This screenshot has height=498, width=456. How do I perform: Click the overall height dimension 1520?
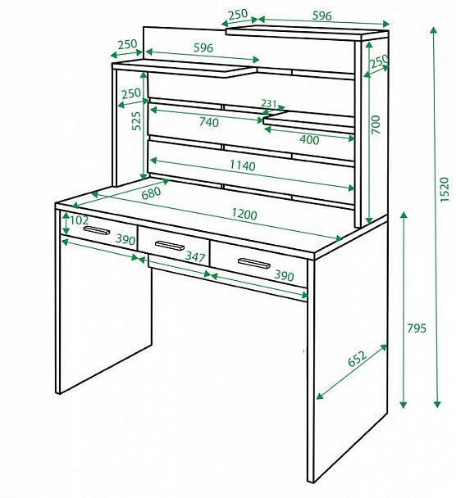[x=445, y=189]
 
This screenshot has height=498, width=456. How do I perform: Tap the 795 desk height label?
[x=417, y=328]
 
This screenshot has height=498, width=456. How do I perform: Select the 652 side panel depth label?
[x=357, y=358]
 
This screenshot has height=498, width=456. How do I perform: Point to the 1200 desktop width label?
[x=244, y=214]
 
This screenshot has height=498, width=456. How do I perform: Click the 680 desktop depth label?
[x=151, y=192]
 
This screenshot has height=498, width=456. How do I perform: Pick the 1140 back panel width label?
[x=242, y=165]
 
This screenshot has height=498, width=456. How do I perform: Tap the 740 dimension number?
[x=209, y=122]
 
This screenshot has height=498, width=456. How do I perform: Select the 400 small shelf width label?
[x=309, y=140]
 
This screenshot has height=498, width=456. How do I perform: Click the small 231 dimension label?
[x=269, y=103]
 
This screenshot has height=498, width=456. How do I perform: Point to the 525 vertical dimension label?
[x=136, y=120]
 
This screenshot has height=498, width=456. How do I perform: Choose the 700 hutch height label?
[x=376, y=124]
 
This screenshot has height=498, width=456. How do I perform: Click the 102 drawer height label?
[x=79, y=220]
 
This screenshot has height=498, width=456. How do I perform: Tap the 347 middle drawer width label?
[x=195, y=256]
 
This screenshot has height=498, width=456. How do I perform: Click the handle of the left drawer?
[x=97, y=230]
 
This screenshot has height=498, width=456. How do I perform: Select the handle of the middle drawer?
[x=170, y=246]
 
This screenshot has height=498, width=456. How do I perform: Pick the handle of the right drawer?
[x=254, y=263]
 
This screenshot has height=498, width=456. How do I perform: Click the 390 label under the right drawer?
[x=284, y=276]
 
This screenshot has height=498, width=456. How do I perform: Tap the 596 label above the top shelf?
[x=322, y=16]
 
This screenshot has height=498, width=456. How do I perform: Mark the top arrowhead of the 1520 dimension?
[x=434, y=30]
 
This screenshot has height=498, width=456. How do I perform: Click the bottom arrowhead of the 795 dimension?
[x=404, y=405]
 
